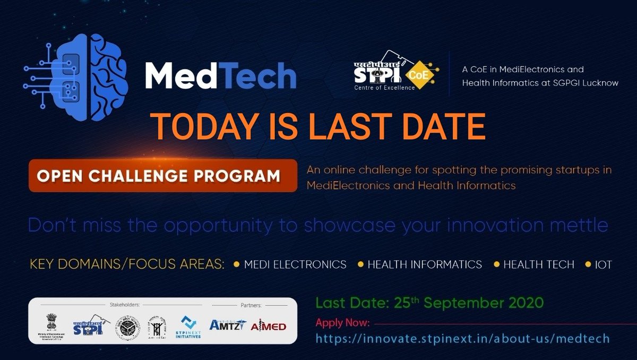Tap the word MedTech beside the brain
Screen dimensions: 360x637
click(x=220, y=75)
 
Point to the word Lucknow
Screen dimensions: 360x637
click(x=599, y=83)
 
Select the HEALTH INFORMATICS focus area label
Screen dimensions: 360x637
click(x=425, y=264)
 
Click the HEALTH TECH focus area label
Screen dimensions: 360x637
click(x=538, y=264)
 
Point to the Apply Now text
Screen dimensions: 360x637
click(x=342, y=323)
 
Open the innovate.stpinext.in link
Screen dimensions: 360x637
click(x=462, y=338)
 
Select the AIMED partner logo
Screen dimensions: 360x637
click(x=268, y=325)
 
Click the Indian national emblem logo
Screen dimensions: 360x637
click(x=55, y=322)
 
